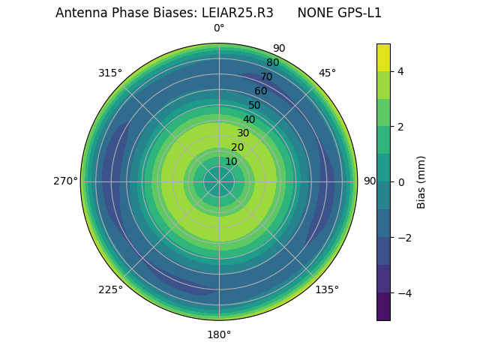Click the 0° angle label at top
tap(219, 28)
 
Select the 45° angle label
tap(327, 73)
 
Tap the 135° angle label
tap(327, 289)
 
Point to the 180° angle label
tap(219, 334)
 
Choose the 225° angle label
tap(110, 289)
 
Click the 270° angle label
tap(65, 181)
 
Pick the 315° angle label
tap(110, 73)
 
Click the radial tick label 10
tap(231, 161)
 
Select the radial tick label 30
tap(243, 133)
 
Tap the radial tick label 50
tap(254, 105)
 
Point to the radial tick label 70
tap(266, 76)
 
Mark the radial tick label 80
tap(272, 62)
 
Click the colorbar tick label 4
tap(400, 71)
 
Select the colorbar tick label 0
tap(400, 181)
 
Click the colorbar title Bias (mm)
tap(421, 181)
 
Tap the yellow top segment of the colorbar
tap(383, 57)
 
